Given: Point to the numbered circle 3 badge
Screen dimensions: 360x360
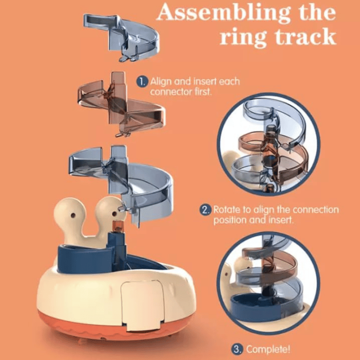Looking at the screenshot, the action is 237,350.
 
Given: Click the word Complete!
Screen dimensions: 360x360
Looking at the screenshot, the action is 268,350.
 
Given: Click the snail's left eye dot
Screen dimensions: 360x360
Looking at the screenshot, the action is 73,216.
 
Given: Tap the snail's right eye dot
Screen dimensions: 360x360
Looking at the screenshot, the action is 114,214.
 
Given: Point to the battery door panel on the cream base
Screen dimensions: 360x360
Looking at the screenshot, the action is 142,305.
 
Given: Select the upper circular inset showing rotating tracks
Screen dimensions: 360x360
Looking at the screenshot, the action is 268,144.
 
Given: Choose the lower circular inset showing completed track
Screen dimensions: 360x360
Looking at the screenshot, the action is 268,283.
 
